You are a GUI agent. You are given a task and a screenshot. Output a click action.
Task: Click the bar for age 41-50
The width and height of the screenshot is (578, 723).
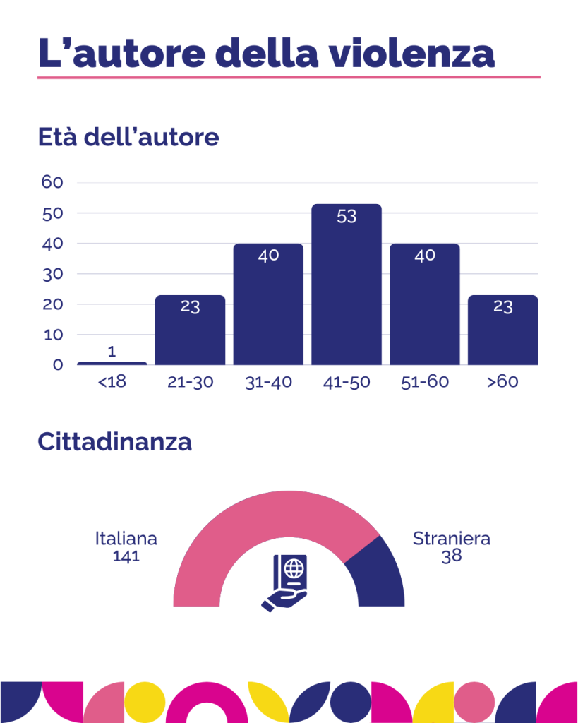point(347,289)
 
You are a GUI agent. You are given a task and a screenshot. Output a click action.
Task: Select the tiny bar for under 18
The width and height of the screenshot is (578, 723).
point(112,364)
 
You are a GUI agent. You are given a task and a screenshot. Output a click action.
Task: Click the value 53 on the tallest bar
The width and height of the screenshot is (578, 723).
point(347,217)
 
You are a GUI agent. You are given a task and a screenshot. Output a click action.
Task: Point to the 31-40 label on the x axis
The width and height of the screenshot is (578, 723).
point(268,383)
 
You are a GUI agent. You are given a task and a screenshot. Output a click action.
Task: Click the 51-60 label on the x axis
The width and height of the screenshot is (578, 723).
point(424,383)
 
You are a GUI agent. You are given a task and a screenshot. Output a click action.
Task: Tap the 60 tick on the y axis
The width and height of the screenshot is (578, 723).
point(53,182)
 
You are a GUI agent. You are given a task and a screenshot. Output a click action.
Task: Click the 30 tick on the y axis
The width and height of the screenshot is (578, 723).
point(53,274)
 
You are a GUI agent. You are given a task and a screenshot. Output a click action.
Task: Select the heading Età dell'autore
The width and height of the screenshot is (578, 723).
point(128,137)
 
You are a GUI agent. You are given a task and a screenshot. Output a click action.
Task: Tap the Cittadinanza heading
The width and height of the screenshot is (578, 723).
point(114,443)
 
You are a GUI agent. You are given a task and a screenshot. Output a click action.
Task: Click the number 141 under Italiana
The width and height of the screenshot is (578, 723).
point(126,556)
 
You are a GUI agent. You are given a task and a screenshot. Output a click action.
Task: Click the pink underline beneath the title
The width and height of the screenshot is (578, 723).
point(289,76)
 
